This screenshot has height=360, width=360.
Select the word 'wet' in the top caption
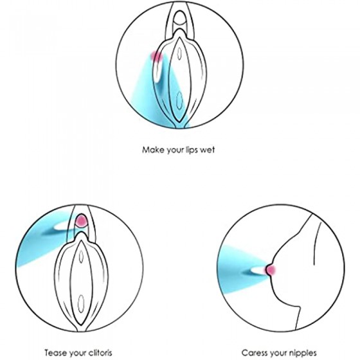(208, 150)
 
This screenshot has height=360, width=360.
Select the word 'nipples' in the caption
(303, 353)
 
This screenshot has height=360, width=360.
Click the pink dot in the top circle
(157, 56)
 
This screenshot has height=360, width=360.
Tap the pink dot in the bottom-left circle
(82, 220)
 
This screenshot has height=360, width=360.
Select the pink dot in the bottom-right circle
(271, 270)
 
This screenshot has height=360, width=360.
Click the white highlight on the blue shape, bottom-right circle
(258, 270)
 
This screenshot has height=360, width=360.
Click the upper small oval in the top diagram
(179, 53)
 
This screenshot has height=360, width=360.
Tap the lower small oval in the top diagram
(179, 100)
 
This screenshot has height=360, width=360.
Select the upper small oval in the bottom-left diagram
(81, 256)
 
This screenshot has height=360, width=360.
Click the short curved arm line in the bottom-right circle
(317, 244)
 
